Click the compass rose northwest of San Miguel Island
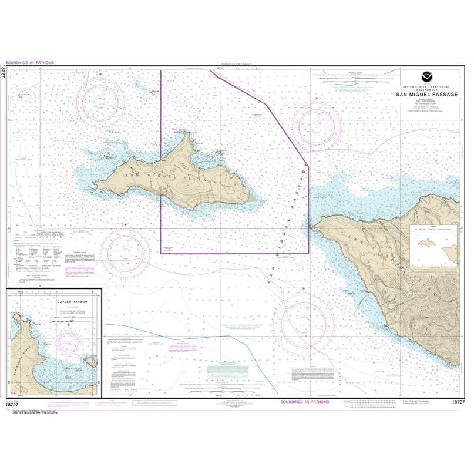(x=103, y=93)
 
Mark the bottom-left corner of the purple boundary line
(x=161, y=254)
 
